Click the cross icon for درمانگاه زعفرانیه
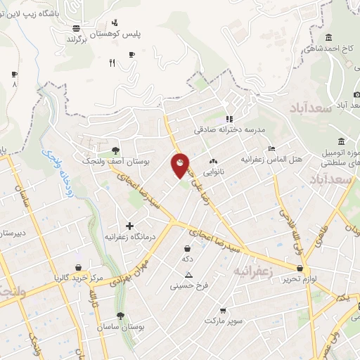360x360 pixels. click(129, 226)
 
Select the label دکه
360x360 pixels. click(187, 259)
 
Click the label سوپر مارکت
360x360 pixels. click(224, 321)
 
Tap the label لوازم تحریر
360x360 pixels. click(301, 279)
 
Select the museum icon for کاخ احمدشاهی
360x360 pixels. click(328, 37)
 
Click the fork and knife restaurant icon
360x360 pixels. click(112, 63)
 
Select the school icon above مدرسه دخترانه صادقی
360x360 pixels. click(228, 119)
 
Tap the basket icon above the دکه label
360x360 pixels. click(187, 248)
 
